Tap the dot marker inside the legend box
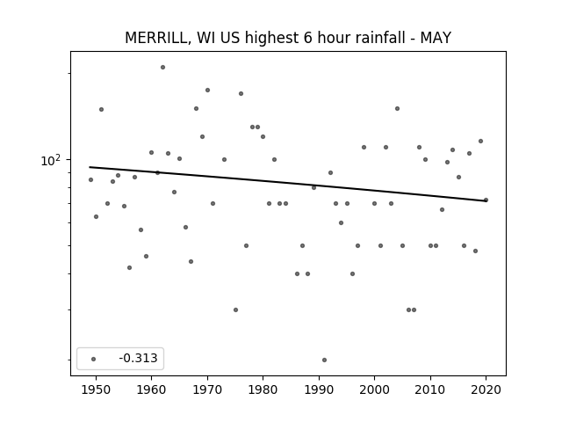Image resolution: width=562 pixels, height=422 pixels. (x=92, y=359)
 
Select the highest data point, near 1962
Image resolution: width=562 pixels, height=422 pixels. (x=162, y=67)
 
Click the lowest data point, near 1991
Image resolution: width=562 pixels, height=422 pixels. (x=324, y=360)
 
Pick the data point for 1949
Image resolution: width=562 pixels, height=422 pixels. (x=90, y=179)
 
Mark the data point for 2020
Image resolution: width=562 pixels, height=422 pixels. (x=486, y=200)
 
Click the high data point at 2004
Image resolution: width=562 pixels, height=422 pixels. (x=397, y=108)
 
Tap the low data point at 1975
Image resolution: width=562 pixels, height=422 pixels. (x=235, y=309)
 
